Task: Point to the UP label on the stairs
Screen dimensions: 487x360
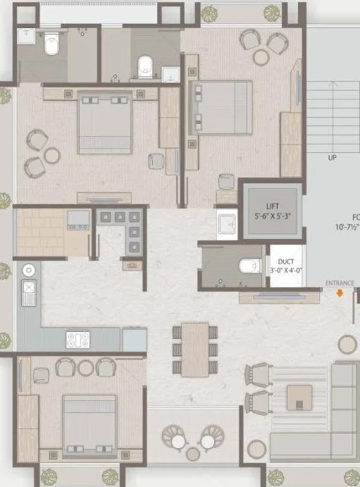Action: (x=333, y=157)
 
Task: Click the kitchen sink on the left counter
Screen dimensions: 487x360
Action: (x=29, y=291)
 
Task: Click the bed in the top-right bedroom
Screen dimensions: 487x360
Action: (x=225, y=106)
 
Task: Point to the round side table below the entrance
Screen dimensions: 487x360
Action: (x=347, y=344)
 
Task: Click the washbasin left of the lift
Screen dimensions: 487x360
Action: (x=226, y=225)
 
